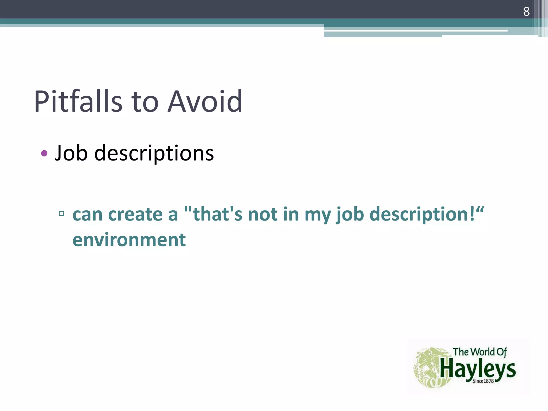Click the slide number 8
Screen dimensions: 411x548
tap(526, 12)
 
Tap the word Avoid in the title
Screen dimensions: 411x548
tap(205, 101)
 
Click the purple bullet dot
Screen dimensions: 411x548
tap(44, 154)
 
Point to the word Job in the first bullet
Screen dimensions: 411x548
tap(71, 153)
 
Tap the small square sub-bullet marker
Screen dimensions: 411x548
tap(61, 213)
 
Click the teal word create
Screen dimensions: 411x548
tap(135, 215)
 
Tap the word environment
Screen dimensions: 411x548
tap(129, 240)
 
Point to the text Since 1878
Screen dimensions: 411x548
tap(483, 381)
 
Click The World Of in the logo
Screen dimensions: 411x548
tap(480, 352)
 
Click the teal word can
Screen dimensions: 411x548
tap(87, 215)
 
